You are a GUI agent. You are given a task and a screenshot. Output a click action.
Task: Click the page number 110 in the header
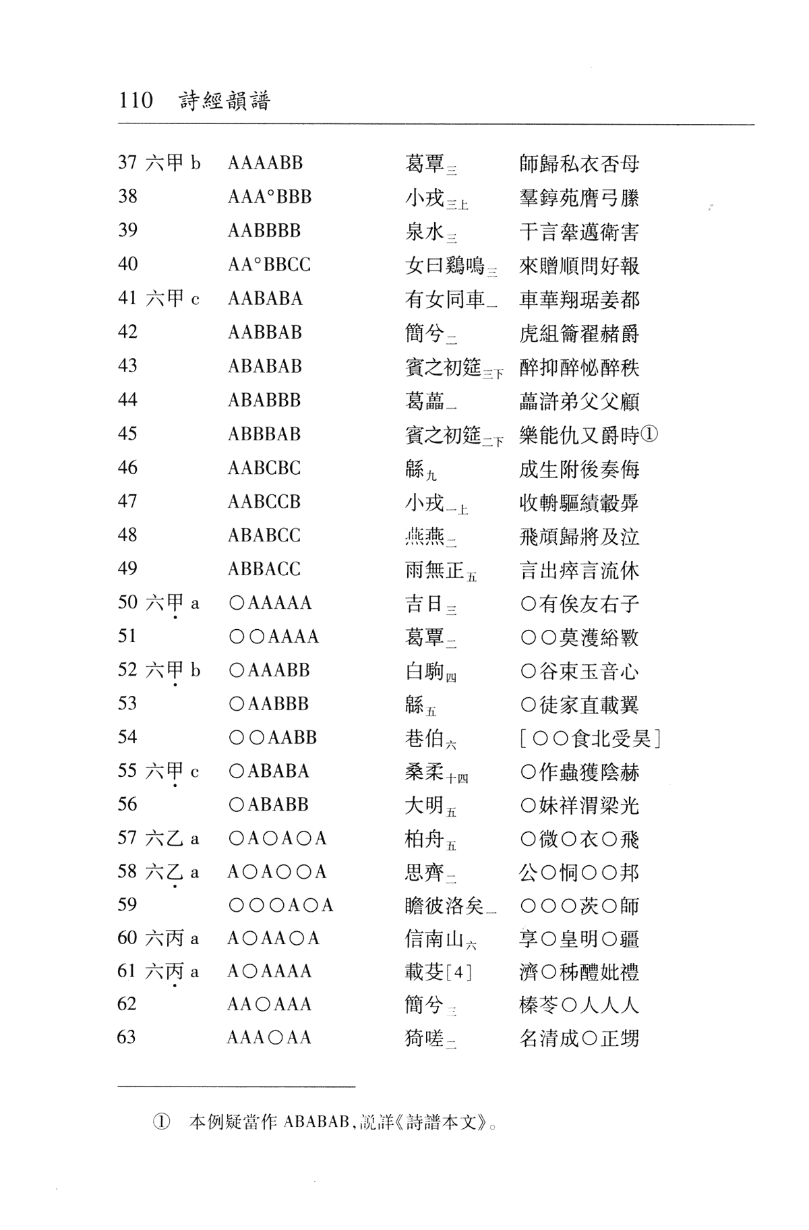136,101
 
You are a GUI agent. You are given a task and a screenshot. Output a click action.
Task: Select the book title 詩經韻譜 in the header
224,101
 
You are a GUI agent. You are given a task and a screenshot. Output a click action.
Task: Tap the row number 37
127,163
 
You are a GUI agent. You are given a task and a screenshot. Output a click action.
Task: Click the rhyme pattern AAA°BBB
270,197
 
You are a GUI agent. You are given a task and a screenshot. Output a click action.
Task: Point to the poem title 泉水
425,231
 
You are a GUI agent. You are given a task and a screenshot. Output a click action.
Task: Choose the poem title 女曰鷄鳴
445,265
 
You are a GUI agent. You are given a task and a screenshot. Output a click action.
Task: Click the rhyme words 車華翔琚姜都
579,299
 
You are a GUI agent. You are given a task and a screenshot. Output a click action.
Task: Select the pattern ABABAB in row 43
265,366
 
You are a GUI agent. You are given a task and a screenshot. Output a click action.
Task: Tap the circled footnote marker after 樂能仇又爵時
649,435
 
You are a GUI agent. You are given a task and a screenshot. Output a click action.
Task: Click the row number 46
127,468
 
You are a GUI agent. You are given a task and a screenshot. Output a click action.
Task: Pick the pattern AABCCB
264,502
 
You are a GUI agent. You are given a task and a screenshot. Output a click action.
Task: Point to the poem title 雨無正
435,570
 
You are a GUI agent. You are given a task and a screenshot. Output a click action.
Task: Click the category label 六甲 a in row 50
173,603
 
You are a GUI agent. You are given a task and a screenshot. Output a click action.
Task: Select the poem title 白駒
425,671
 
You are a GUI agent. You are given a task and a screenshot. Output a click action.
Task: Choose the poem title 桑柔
425,772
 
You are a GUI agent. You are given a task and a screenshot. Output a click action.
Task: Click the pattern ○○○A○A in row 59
280,905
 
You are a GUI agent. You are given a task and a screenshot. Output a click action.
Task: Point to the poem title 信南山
435,939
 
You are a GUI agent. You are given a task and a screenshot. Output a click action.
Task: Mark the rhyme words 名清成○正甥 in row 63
579,1038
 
